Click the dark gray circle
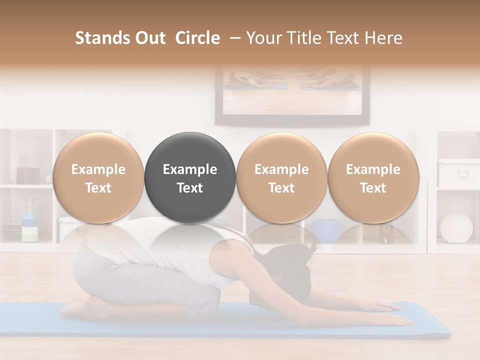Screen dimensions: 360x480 [x=190, y=177]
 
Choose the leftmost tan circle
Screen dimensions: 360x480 [x=98, y=177]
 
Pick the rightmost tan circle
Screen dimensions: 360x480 [x=373, y=177]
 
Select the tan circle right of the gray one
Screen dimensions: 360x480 [x=281, y=177]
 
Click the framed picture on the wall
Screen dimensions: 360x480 [x=292, y=95]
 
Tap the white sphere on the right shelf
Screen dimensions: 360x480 [x=455, y=228]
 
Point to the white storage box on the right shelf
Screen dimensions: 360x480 [x=458, y=172]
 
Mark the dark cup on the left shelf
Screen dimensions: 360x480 [x=28, y=175]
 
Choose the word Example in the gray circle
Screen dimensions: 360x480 [x=190, y=169]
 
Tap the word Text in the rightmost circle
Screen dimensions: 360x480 [x=373, y=188]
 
